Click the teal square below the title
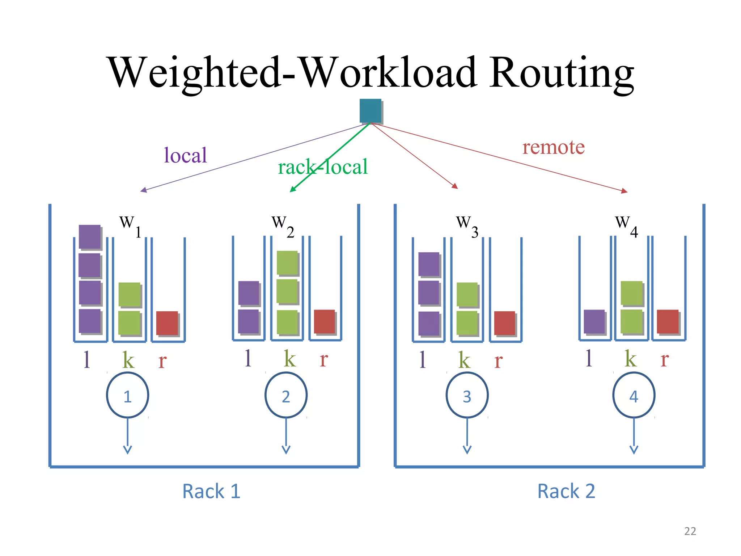coord(370,111)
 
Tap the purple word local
coord(185,155)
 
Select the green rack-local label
coord(322,167)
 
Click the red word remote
coord(553,147)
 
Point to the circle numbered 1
coord(127,395)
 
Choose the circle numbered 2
coord(286,395)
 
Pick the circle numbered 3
coord(467,395)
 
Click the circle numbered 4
coord(634,395)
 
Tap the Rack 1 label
coord(211,491)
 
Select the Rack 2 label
coord(566,491)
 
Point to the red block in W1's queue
coord(167,323)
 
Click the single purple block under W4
coord(594,321)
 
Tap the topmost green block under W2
coord(287,262)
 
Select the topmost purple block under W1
coord(90,237)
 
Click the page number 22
coord(690,531)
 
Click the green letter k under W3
coord(464,360)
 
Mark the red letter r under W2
coord(324,359)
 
